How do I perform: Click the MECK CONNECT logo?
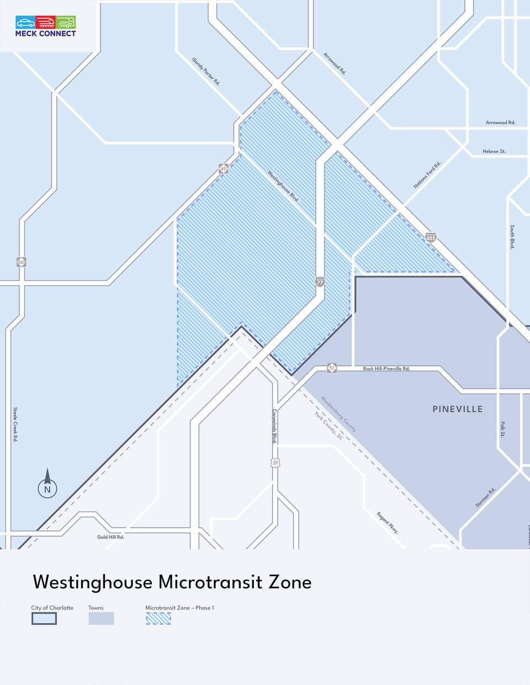tap(46, 26)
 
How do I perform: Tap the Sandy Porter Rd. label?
tap(206, 71)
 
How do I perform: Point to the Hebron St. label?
tap(494, 151)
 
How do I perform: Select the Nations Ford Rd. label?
tap(427, 175)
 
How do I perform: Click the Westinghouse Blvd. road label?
tap(283, 186)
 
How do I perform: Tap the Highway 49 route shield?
tap(223, 168)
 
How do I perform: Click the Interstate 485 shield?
tap(431, 237)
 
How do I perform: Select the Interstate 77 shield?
tap(320, 282)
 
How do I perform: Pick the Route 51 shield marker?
tap(331, 368)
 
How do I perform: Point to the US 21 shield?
tap(275, 463)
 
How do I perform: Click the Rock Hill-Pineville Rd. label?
tap(386, 368)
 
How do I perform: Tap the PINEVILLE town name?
tap(457, 409)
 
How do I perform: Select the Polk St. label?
tap(503, 429)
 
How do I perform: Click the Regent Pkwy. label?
tap(388, 523)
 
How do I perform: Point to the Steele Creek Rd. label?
tap(15, 424)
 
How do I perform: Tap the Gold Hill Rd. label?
tap(110, 537)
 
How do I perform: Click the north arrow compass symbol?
tap(47, 484)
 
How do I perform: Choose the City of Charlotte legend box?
tap(44, 618)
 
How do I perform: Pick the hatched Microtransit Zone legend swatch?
tap(158, 618)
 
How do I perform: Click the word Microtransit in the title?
tap(210, 582)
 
